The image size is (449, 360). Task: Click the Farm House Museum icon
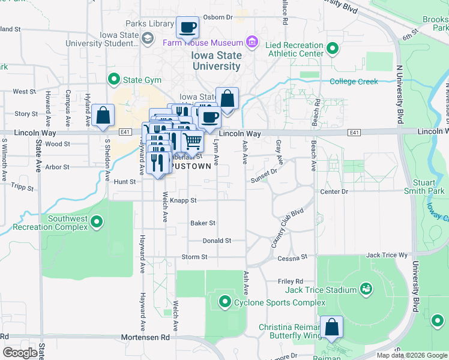(x=252, y=43)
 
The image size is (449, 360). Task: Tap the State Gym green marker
(x=113, y=79)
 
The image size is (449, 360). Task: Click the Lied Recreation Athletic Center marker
(x=332, y=49)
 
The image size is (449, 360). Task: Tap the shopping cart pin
(x=192, y=141)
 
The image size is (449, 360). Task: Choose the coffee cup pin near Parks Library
(x=188, y=27)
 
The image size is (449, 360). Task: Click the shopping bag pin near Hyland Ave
(x=103, y=115)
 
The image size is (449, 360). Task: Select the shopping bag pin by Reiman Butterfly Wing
(x=331, y=327)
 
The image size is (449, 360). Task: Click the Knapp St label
(x=183, y=200)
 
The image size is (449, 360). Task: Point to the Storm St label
(x=194, y=257)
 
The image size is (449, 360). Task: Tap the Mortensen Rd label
(x=145, y=338)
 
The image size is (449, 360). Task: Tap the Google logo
(x=20, y=353)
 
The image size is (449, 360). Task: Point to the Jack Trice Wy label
(x=387, y=255)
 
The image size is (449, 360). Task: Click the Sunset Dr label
(x=264, y=175)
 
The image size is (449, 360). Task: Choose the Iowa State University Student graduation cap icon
(x=147, y=38)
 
